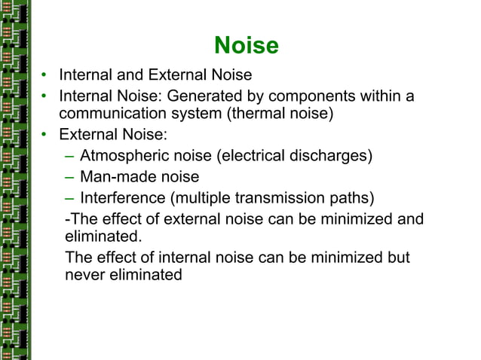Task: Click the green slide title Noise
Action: tap(247, 46)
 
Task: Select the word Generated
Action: tap(203, 96)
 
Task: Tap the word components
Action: tap(317, 96)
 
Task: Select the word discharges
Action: tap(329, 157)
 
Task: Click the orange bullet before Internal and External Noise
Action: tap(45, 75)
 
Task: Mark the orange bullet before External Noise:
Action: tap(45, 136)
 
